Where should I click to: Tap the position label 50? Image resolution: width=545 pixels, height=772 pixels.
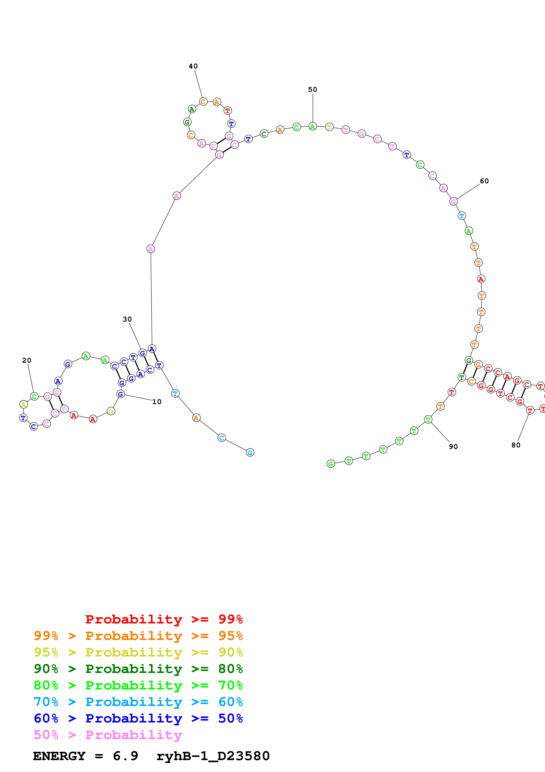pos(313,89)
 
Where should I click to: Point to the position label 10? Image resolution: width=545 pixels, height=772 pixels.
pos(157,402)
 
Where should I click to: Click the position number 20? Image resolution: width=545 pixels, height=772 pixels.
pos(27,360)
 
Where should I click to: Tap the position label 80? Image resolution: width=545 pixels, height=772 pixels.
pos(516,445)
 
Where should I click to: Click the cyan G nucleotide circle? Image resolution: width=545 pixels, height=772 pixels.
pos(250,453)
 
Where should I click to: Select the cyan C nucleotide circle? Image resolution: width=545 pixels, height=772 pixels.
pos(222,438)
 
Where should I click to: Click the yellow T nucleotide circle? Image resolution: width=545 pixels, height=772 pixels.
pos(329,127)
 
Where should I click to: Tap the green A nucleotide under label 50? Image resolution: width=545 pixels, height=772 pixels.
pos(313,127)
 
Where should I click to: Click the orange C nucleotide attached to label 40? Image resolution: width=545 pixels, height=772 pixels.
pos(203,101)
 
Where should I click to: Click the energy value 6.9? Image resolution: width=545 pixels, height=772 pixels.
pos(125,756)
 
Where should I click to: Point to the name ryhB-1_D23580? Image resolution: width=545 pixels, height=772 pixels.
pos(213,756)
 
